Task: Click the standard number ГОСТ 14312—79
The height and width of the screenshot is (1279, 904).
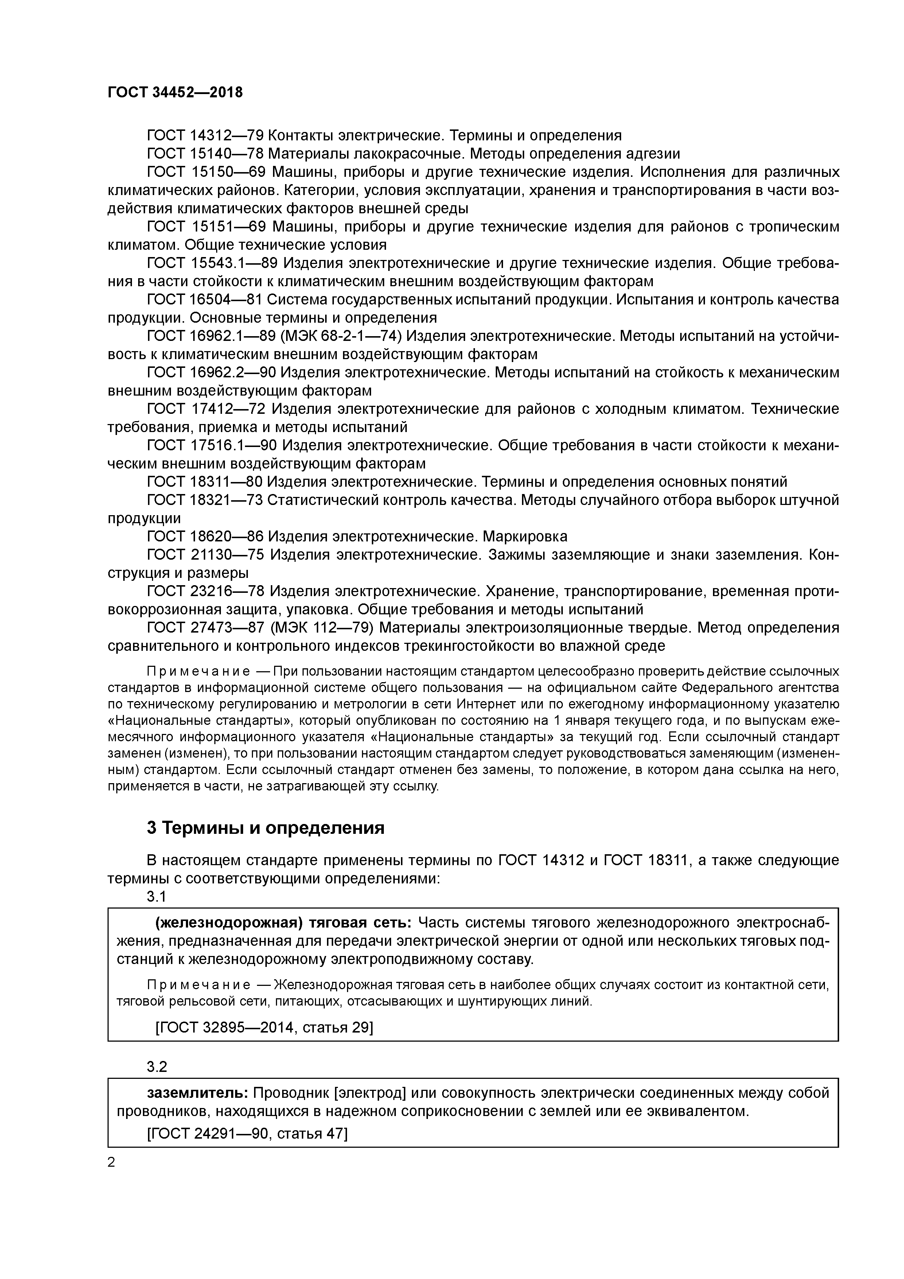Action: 204,135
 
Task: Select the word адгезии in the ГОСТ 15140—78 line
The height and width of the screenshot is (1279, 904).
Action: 654,154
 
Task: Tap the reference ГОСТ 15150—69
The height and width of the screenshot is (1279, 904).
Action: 204,172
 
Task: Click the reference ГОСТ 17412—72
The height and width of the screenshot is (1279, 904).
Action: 204,409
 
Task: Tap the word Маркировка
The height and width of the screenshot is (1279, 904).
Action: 525,536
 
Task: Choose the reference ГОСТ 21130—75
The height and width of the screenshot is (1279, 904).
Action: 204,555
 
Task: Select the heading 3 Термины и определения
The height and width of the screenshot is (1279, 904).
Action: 266,828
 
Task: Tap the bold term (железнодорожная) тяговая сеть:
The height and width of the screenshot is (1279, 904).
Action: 283,923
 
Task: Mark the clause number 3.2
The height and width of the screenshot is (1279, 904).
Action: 156,1067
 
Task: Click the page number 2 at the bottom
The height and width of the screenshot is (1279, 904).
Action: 112,1163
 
